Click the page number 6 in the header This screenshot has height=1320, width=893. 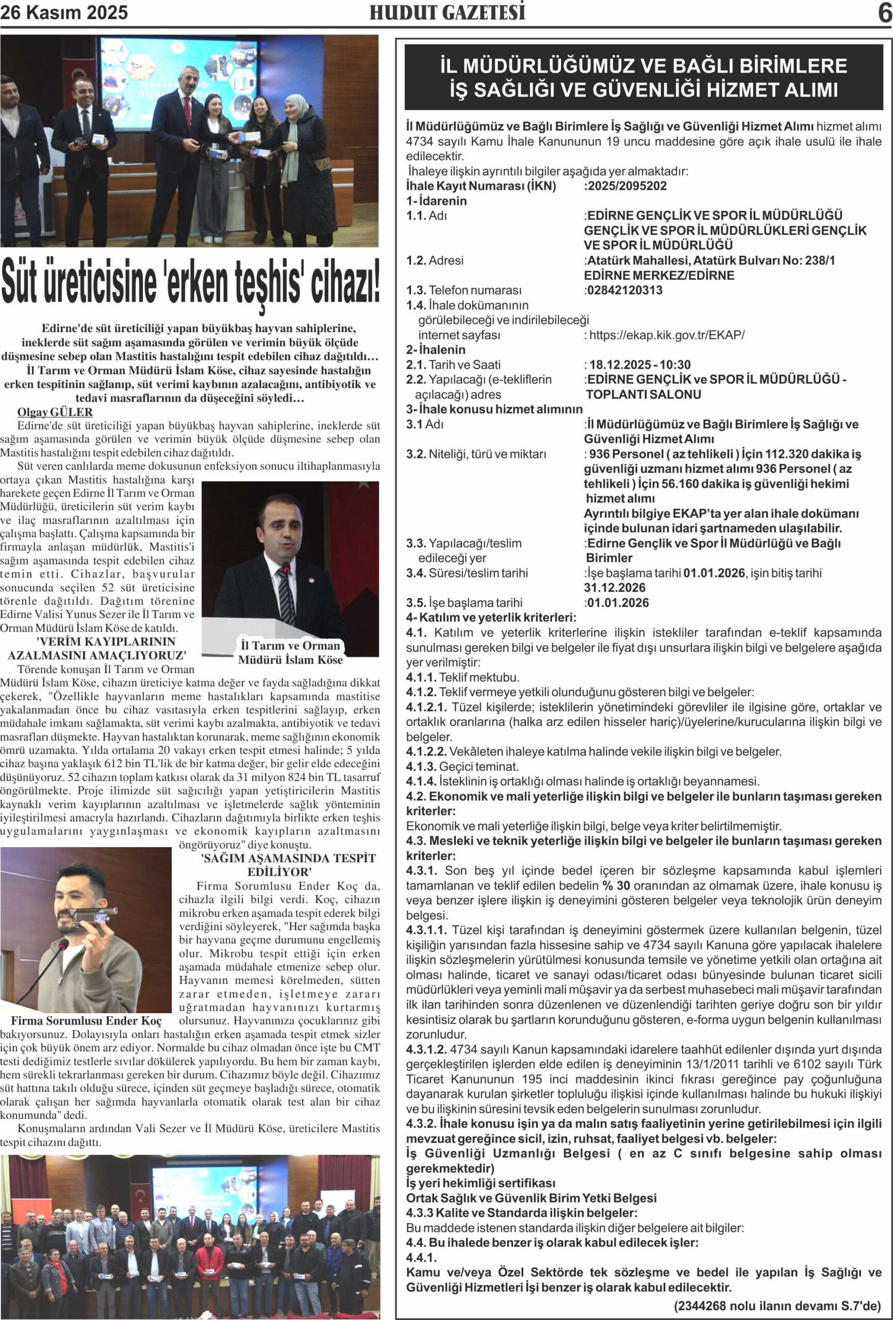coord(884,12)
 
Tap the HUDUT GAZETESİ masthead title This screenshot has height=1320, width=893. coord(447,12)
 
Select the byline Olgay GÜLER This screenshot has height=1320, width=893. coord(55,412)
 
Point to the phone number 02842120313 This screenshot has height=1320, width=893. coord(624,290)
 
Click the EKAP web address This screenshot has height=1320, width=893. coord(666,335)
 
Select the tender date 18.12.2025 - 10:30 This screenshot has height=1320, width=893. coord(640,365)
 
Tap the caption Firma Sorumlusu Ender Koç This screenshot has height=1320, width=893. coord(86,1020)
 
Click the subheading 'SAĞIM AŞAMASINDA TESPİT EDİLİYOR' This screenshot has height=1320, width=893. coord(288,865)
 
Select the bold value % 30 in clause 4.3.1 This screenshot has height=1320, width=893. coord(616,885)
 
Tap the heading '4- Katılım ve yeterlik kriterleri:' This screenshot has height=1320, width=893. coord(491,617)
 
